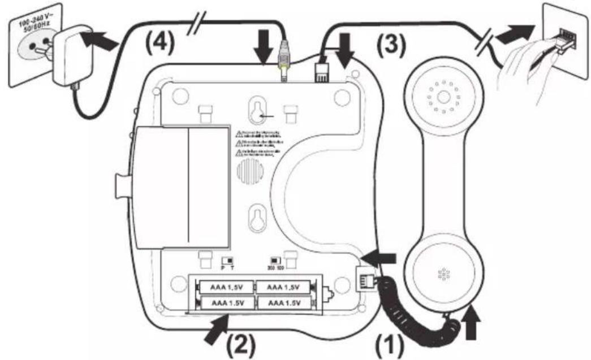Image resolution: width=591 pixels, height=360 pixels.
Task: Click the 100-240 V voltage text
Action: click(33, 24)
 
